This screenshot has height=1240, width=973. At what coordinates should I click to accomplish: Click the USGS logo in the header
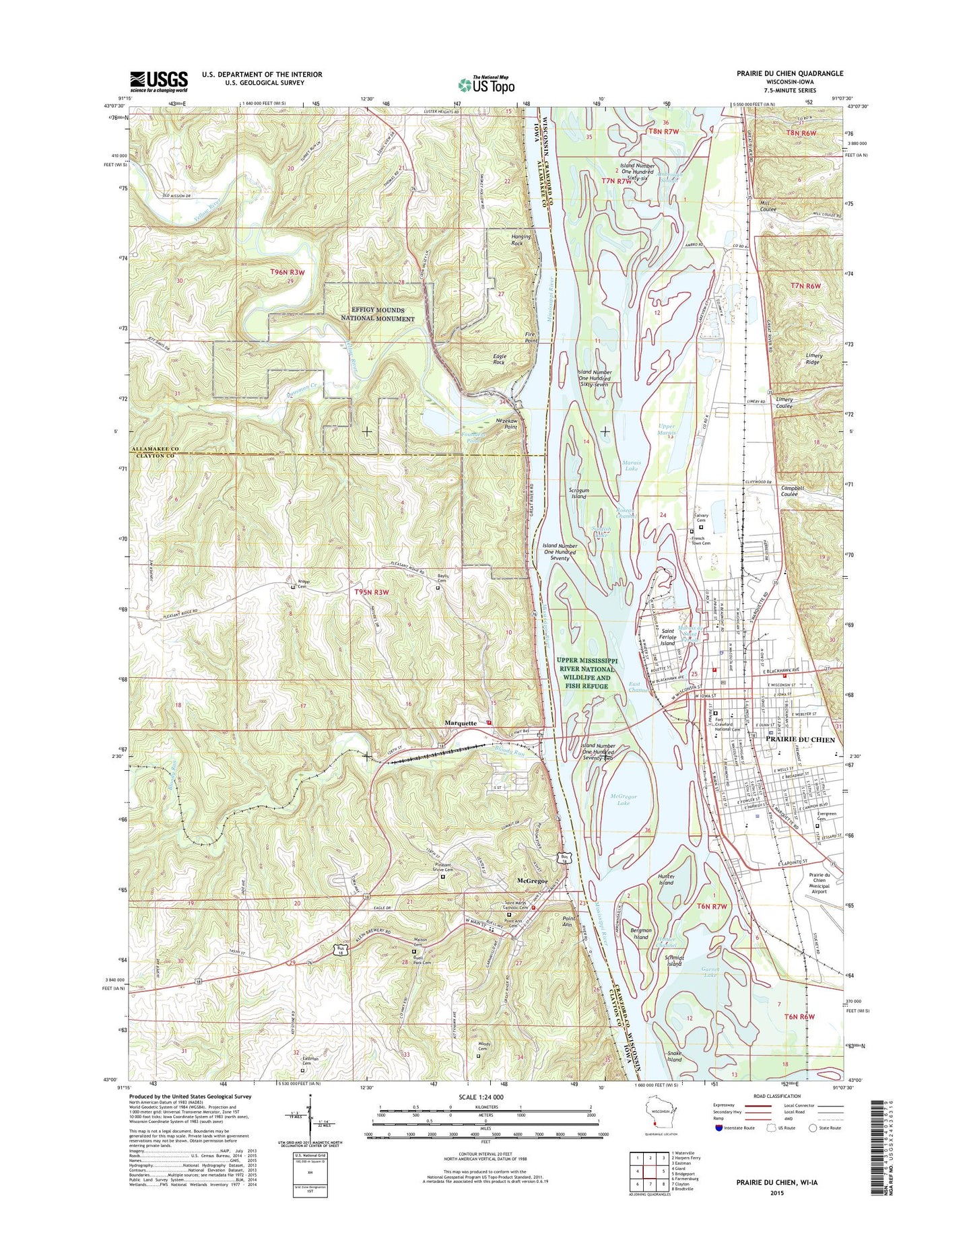coord(158,81)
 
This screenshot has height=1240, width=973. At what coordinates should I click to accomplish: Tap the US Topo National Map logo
coord(486,85)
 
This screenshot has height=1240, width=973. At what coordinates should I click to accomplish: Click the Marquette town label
coord(461,723)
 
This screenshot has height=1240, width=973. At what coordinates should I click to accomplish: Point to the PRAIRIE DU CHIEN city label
coord(801,739)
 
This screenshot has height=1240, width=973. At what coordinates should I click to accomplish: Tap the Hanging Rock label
coord(521,240)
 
